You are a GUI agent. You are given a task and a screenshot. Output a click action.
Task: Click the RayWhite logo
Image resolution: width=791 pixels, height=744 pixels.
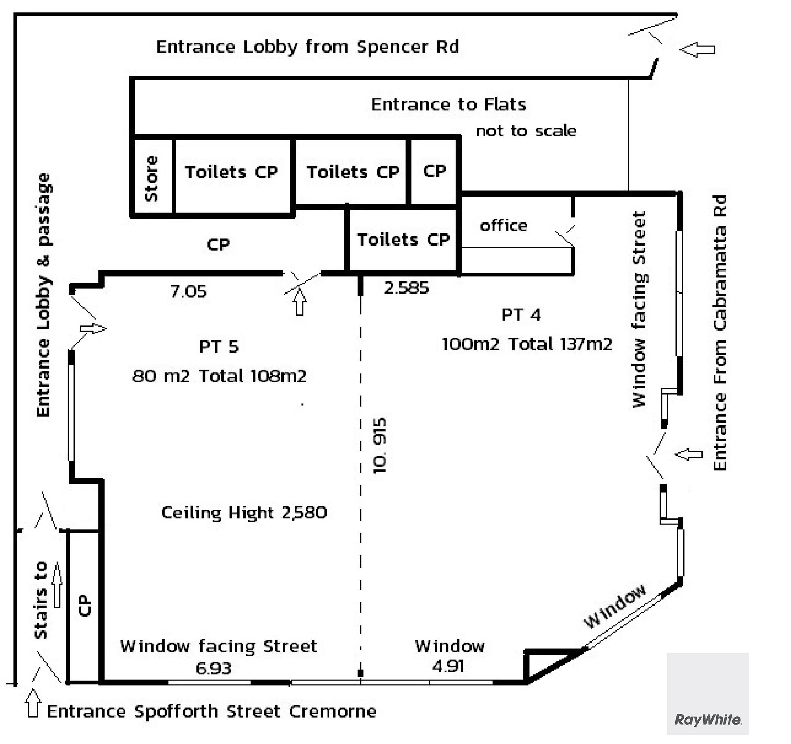coord(708,719)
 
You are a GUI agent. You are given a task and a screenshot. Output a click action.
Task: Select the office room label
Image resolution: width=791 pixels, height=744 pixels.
coord(503,226)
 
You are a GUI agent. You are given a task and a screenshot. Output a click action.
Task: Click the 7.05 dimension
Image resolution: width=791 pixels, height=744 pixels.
coord(188,291)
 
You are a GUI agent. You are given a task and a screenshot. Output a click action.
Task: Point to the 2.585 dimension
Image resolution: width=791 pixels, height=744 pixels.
coord(406,288)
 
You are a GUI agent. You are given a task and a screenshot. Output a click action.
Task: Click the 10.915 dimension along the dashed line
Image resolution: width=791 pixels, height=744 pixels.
coord(380,445)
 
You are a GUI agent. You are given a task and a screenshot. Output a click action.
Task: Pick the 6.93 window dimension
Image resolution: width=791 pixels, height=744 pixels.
coord(213,669)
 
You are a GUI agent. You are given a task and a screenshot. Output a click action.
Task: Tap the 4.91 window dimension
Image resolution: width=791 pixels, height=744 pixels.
coord(448,666)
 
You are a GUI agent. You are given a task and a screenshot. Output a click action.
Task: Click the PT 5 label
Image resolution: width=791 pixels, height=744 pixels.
coord(219,347)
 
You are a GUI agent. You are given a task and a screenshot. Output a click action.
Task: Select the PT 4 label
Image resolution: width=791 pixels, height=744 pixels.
coord(521,315)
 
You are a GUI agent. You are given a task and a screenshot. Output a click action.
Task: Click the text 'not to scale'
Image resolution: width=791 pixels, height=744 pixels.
coord(526,131)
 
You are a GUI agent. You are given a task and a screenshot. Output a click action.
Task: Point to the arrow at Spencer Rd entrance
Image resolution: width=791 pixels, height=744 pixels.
coord(697,50)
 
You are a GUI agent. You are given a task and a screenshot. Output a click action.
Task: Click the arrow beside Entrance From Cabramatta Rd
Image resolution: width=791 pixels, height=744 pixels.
coord(689,454)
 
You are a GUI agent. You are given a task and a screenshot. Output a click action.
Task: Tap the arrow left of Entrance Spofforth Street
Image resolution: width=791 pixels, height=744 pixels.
coord(33,704)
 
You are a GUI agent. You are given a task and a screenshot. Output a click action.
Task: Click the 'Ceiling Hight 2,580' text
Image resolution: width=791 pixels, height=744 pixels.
coord(244,513)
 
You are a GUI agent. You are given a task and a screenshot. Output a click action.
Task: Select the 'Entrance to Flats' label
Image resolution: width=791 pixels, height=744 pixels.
coord(448,105)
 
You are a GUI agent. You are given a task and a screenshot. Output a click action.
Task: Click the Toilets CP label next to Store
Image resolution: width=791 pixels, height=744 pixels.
coord(231,172)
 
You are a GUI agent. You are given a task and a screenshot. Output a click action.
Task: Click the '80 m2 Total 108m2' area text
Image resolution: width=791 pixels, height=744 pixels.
coord(219,376)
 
